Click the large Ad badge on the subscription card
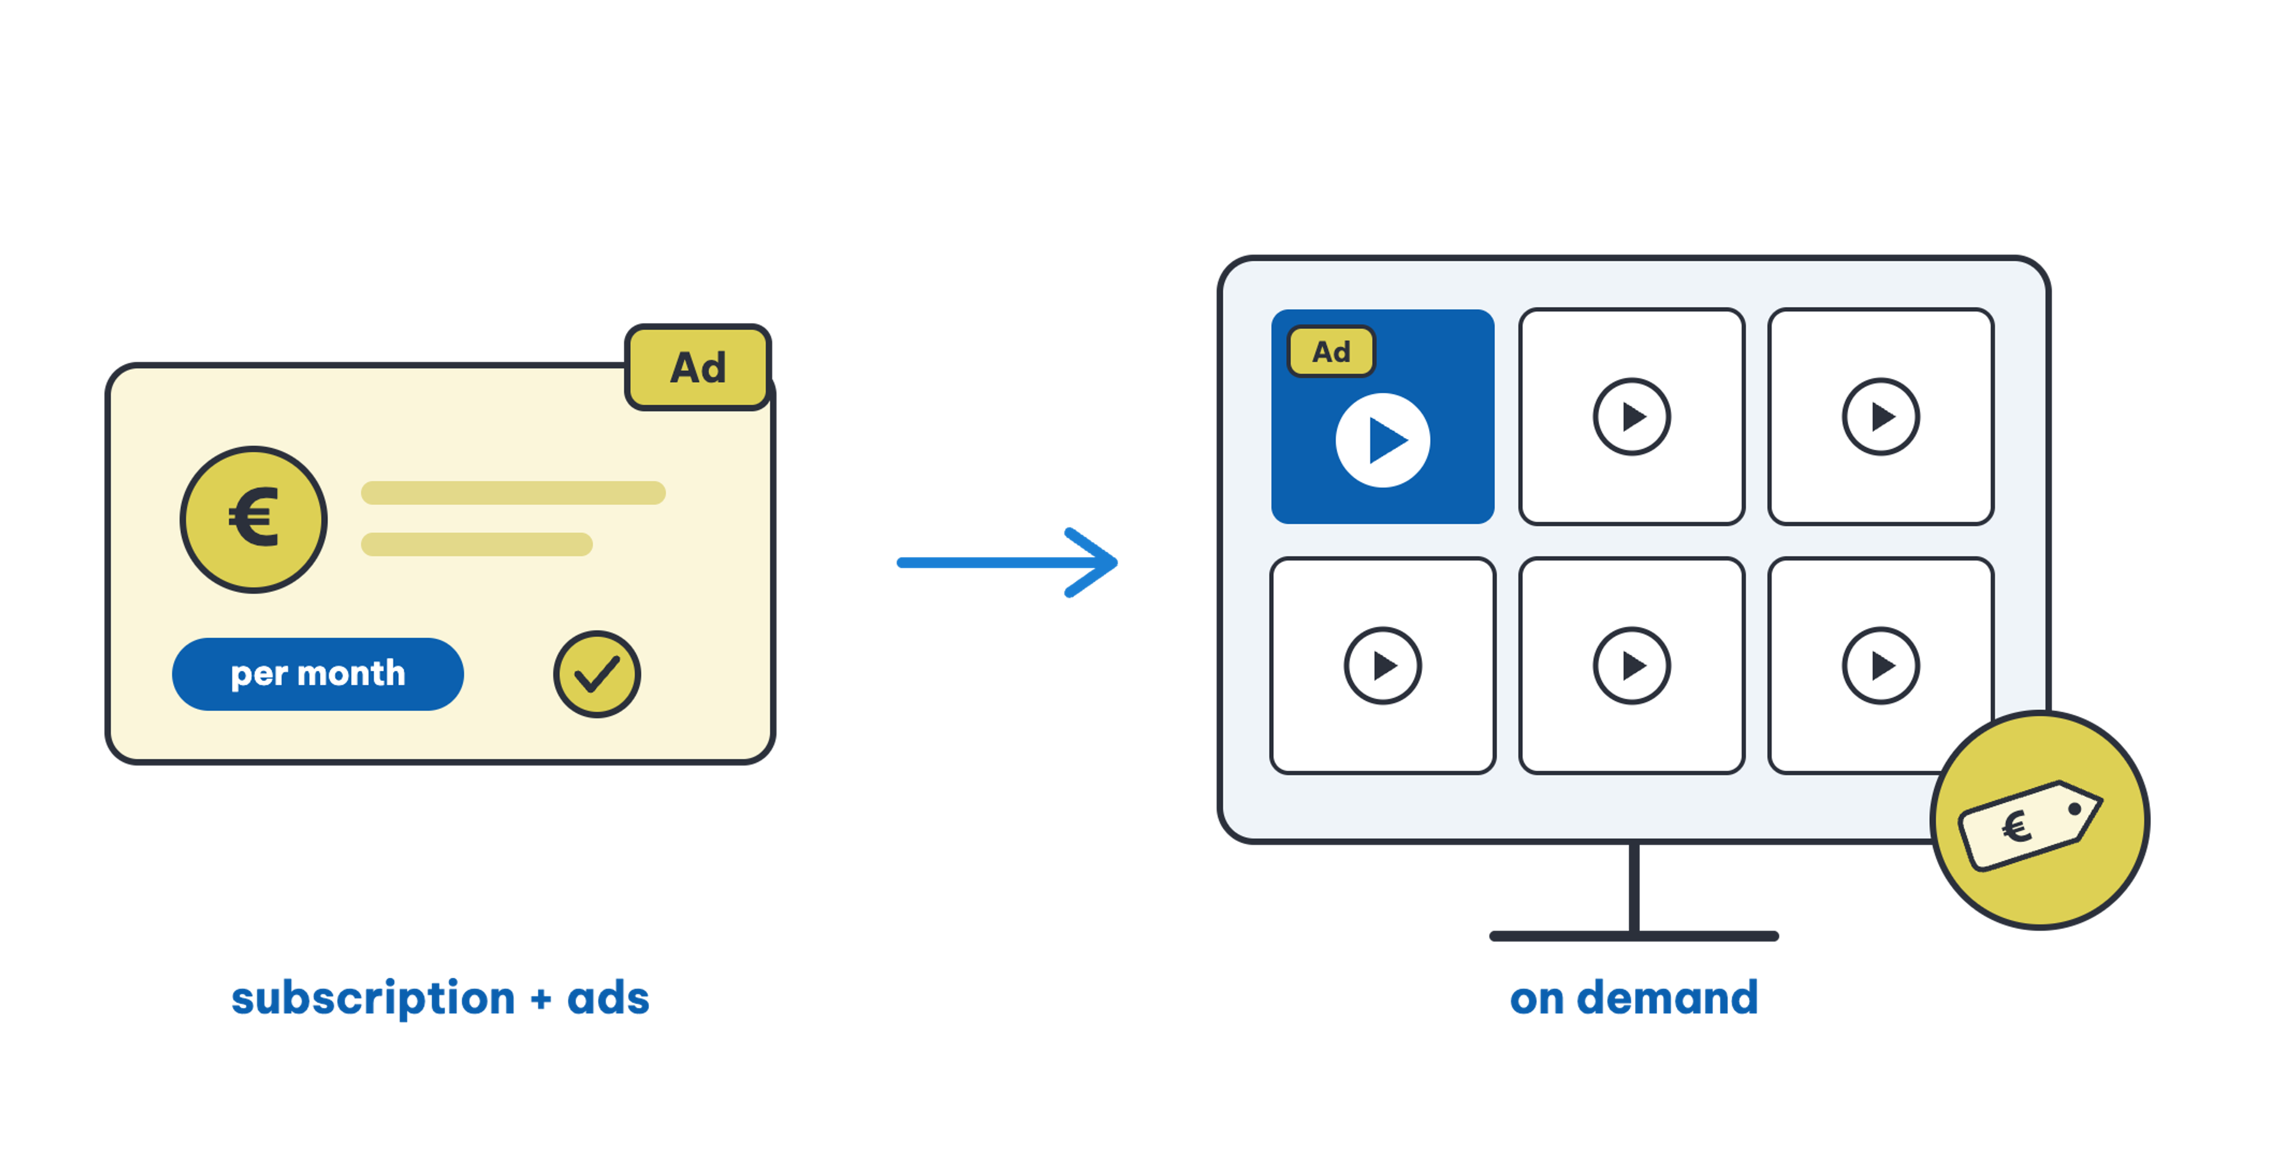coord(698,367)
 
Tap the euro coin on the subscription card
coord(254,520)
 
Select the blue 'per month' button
coord(318,674)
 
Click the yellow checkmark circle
coord(597,674)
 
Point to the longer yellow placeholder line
coord(513,493)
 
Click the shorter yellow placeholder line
coord(477,544)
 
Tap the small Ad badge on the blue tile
coord(1331,351)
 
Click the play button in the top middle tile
coord(1632,417)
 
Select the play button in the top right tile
coord(1881,417)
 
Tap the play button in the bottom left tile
coord(1383,666)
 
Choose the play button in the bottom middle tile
coord(1632,666)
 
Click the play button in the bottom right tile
coord(1881,666)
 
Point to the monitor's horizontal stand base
coord(1634,936)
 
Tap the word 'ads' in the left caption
coord(608,998)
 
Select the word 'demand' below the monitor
coord(1667,998)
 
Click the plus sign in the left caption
coord(541,1001)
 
